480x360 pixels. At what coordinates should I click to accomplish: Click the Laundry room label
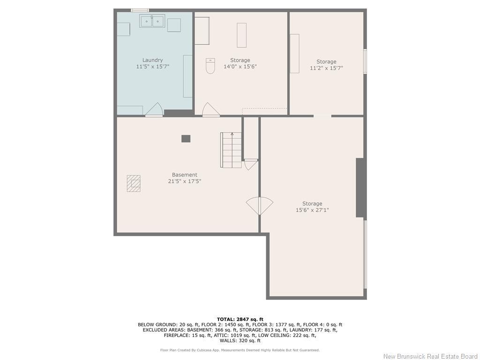(153, 60)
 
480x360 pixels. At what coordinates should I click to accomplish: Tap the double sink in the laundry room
(151, 21)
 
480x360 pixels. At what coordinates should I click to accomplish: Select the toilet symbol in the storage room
(210, 66)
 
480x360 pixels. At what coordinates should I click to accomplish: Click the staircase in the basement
(231, 150)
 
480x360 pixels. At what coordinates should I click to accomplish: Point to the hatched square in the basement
(134, 183)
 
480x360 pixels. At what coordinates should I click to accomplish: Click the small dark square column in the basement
(186, 138)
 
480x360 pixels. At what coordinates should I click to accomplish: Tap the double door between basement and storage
(260, 205)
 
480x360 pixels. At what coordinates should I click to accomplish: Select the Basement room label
(184, 175)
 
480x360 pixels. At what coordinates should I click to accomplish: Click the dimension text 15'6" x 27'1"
(312, 210)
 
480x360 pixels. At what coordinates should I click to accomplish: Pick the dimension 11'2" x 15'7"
(326, 68)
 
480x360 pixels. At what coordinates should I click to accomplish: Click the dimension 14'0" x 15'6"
(240, 67)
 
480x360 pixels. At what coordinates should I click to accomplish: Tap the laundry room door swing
(154, 110)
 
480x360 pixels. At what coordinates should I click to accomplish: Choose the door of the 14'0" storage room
(211, 110)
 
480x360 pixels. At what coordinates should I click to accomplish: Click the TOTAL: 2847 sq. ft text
(240, 319)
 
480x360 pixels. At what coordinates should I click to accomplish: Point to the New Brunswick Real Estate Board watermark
(430, 356)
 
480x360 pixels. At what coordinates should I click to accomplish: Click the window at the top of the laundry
(140, 10)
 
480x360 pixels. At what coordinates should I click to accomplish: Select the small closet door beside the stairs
(251, 164)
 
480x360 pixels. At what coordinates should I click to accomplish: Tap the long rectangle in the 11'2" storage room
(294, 53)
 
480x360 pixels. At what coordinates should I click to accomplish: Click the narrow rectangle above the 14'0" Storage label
(241, 35)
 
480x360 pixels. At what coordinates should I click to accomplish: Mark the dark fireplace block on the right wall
(360, 187)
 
